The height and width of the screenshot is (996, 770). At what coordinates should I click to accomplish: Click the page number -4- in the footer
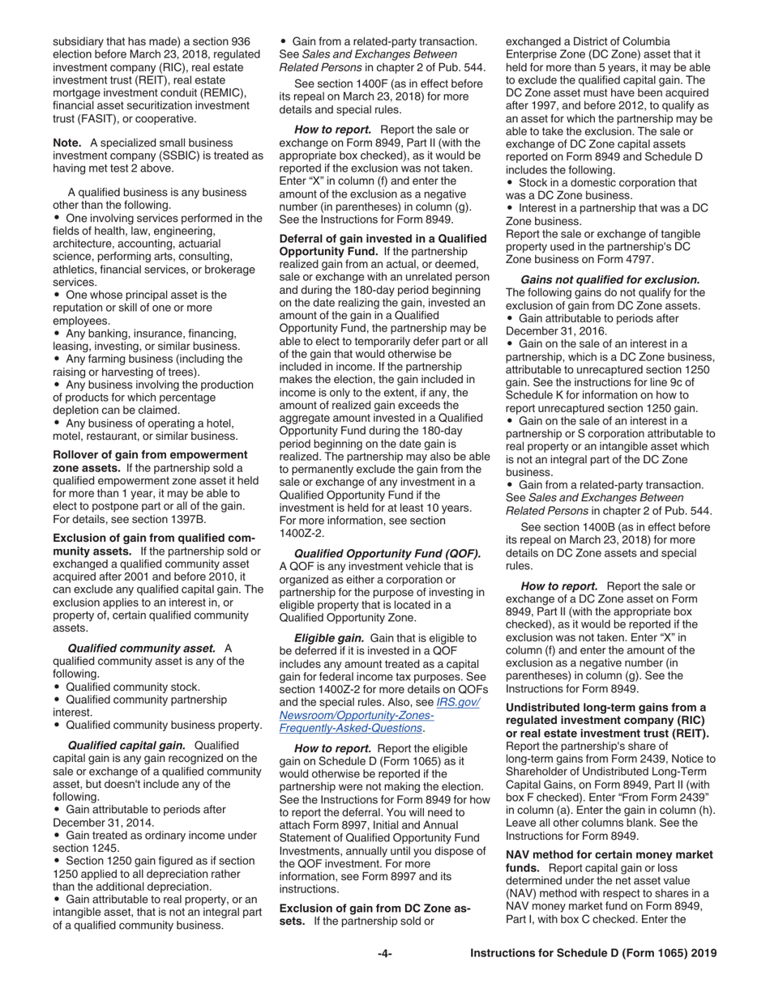(385, 953)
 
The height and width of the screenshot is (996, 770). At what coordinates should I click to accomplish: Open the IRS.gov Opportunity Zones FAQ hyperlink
(379, 715)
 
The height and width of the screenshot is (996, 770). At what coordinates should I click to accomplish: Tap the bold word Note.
(67, 143)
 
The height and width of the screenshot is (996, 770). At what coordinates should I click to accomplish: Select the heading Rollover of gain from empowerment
(150, 454)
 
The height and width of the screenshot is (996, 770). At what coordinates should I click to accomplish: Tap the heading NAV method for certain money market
(609, 855)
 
